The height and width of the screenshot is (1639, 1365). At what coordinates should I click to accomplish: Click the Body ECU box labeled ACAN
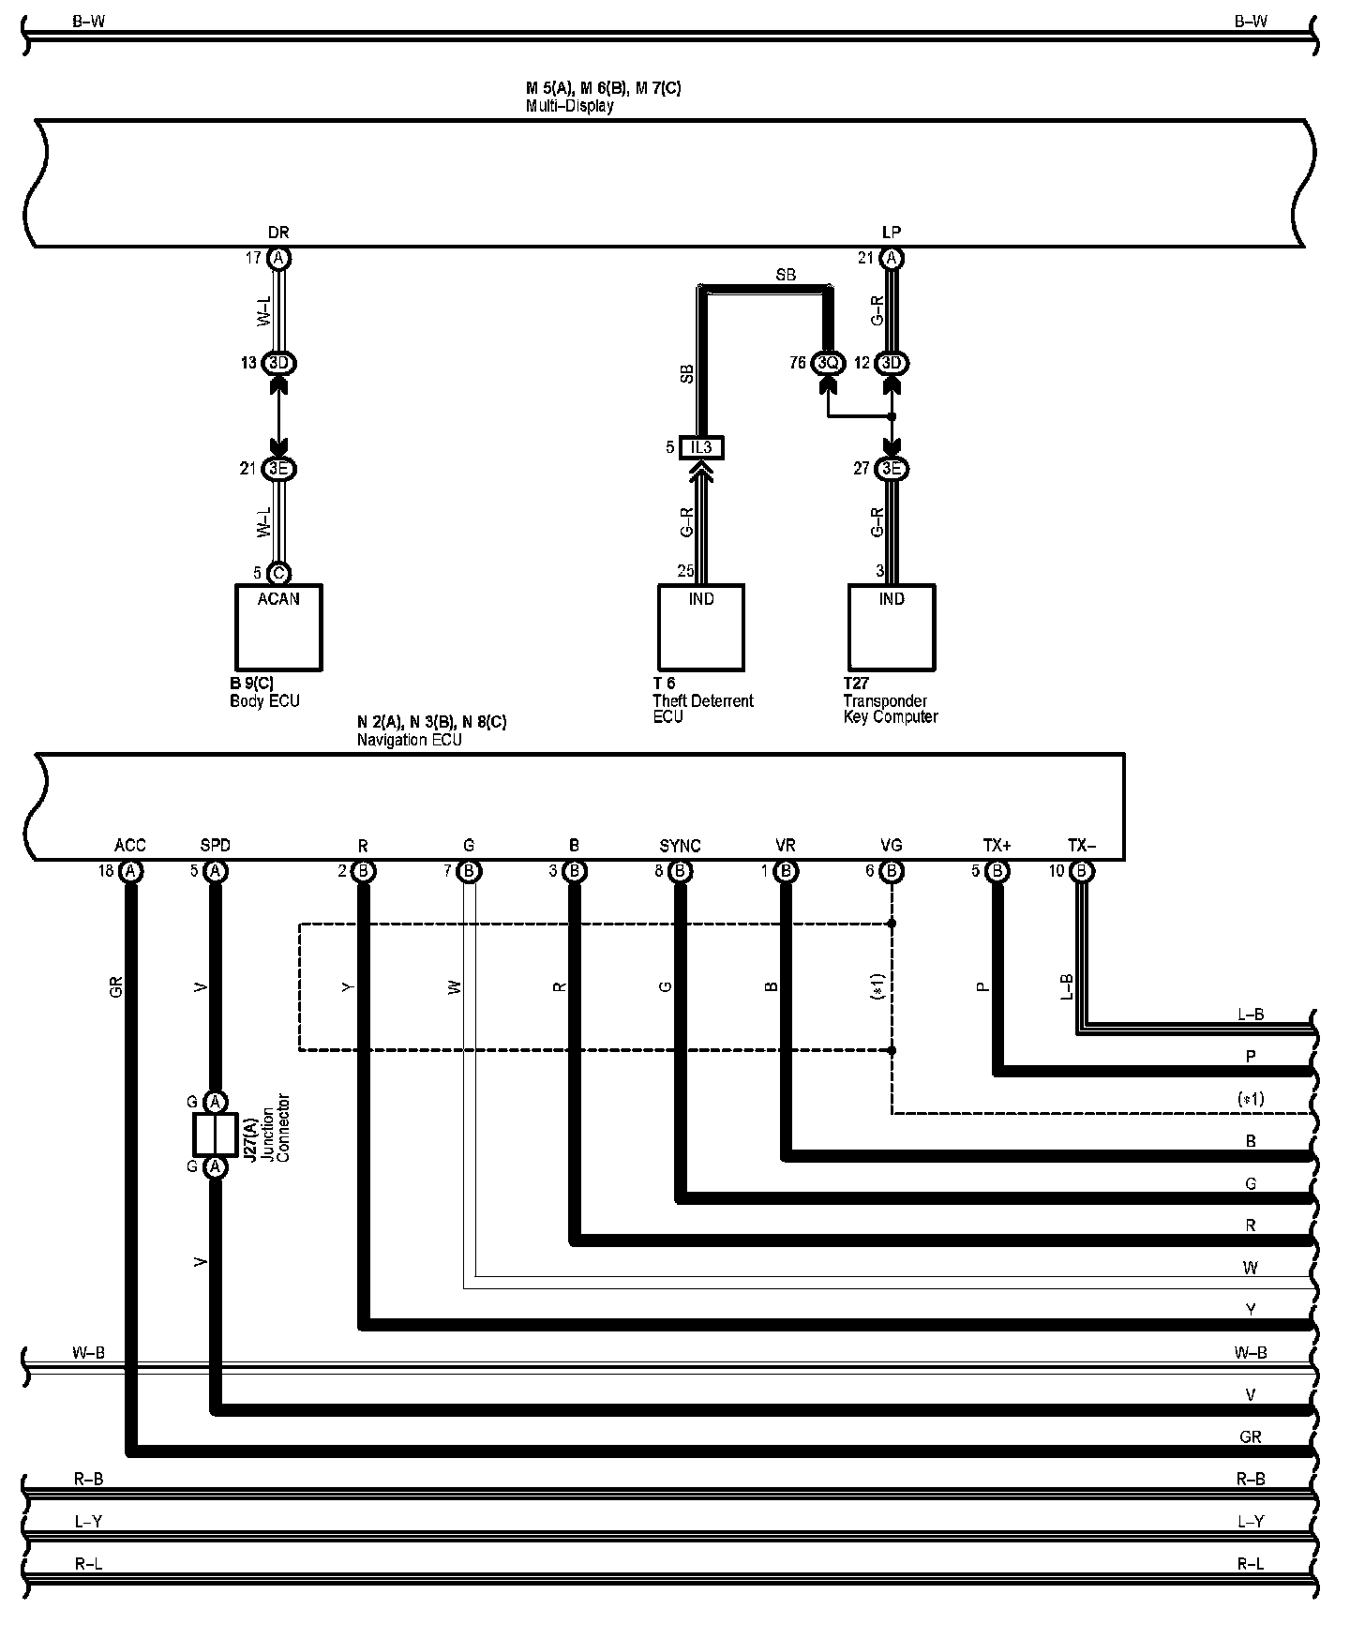coord(277,627)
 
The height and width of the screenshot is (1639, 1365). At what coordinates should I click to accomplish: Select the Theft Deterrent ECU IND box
coord(701,627)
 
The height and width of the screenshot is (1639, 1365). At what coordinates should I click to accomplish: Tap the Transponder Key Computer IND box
coord(892,627)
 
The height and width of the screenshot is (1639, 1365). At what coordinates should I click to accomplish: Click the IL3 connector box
coord(701,447)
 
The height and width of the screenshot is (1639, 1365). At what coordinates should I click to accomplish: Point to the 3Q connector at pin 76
coord(828,363)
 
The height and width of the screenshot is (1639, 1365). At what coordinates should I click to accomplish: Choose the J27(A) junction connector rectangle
coord(215,1135)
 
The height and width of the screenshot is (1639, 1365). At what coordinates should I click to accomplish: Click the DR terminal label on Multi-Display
coord(278,233)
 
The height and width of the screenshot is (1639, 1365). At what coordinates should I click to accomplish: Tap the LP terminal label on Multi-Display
coord(892,233)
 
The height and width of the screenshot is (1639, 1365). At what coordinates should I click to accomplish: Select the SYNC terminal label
coord(680,846)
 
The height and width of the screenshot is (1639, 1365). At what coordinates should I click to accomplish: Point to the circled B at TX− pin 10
coord(1082,871)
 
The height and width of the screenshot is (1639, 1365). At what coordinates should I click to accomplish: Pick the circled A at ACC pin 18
coord(132,871)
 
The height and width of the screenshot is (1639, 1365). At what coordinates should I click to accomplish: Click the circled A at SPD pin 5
coord(215,871)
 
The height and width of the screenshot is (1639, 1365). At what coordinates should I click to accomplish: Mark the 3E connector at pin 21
coord(278,468)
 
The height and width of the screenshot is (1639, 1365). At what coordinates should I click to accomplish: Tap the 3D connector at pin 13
coord(278,363)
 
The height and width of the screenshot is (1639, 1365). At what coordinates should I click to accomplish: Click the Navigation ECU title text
coord(410,740)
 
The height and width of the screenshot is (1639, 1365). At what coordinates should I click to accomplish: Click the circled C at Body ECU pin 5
coord(278,573)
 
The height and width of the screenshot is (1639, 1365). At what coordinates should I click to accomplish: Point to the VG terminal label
coord(892,846)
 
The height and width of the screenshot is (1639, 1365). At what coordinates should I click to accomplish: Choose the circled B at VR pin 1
coord(786,871)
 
